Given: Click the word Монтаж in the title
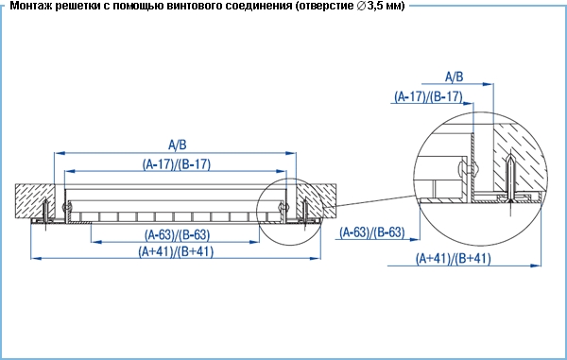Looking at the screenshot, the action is pyautogui.click(x=31, y=6).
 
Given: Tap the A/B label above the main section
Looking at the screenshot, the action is pyautogui.click(x=178, y=145).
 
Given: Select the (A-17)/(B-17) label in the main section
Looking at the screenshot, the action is pyautogui.click(x=177, y=164).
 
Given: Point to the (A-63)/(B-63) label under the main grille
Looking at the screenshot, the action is pyautogui.click(x=178, y=235).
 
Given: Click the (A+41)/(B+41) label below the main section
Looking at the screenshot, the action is pyautogui.click(x=176, y=251).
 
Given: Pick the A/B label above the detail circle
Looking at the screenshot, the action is pyautogui.click(x=454, y=77).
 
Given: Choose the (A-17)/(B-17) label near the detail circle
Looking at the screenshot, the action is pyautogui.click(x=428, y=96).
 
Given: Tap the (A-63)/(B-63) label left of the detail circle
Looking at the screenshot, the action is pyautogui.click(x=371, y=232).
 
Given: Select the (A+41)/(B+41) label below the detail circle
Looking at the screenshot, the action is pyautogui.click(x=453, y=259).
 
